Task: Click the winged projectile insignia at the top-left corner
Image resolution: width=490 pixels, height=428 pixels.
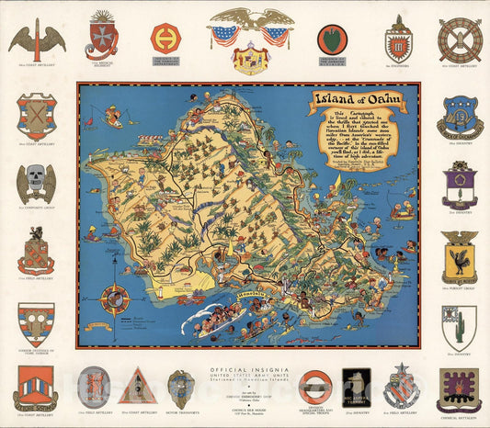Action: point(37,39)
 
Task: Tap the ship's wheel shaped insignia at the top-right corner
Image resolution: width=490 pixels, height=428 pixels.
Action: point(459,39)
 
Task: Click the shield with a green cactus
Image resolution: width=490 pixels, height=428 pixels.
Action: point(459,327)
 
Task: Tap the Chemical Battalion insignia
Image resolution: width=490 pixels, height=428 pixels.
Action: point(459,389)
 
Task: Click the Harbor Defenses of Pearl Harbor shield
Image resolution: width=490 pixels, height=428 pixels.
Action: point(36,324)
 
